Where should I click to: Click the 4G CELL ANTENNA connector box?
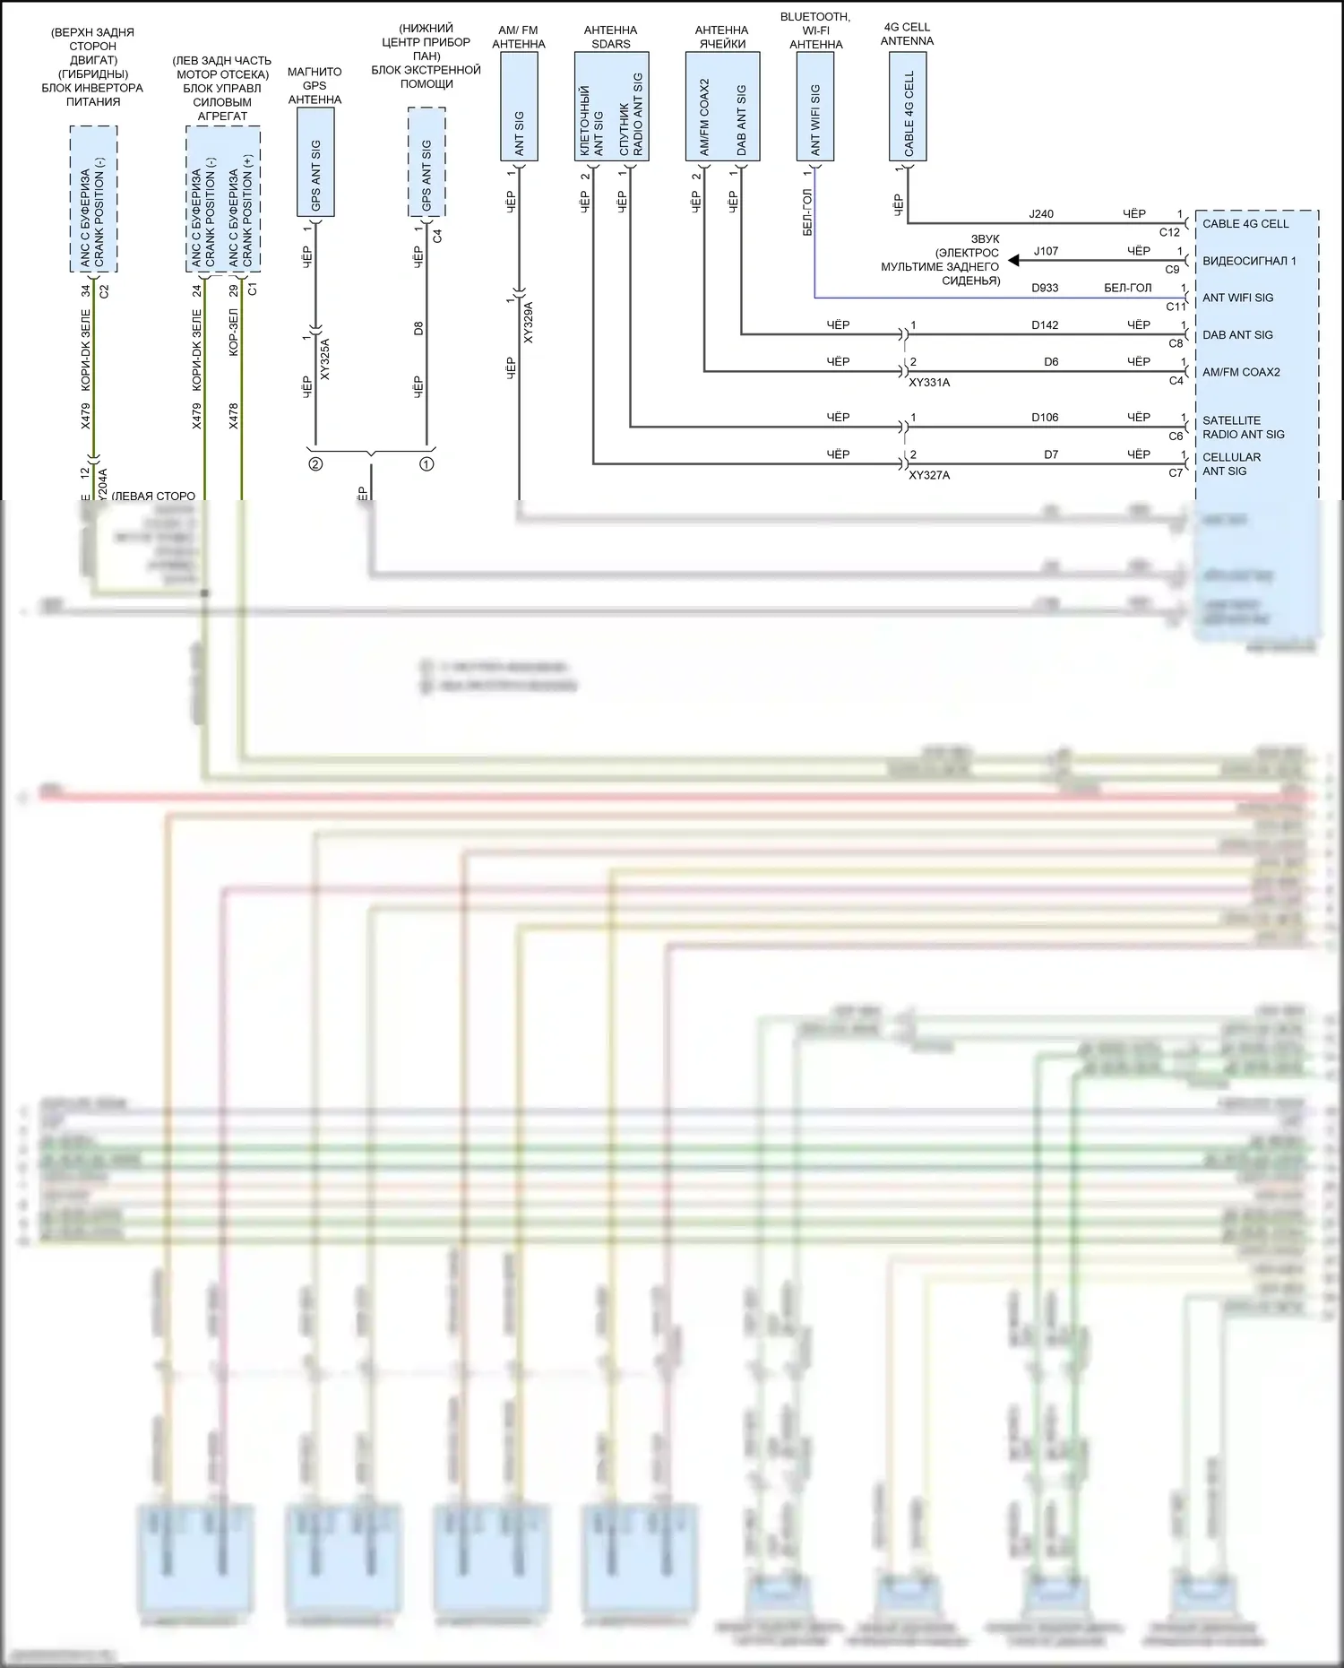click(x=908, y=107)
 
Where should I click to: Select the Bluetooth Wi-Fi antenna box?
click(x=815, y=107)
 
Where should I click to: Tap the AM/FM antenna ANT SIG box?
click(x=519, y=107)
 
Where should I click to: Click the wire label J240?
click(x=1041, y=214)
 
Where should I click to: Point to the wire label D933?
click(x=1045, y=289)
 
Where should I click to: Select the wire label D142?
click(x=1045, y=325)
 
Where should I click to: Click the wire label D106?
click(x=1045, y=418)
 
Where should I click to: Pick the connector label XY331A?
click(x=929, y=383)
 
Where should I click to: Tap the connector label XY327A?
click(x=929, y=476)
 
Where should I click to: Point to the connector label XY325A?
click(x=324, y=359)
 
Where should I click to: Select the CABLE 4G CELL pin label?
click(x=1245, y=224)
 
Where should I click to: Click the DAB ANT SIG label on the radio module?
click(x=1237, y=335)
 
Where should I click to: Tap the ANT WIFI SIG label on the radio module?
click(x=1237, y=298)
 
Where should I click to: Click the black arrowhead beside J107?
click(x=1013, y=261)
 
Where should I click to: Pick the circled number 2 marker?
click(x=315, y=464)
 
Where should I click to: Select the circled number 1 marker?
click(x=426, y=464)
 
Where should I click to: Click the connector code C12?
click(x=1169, y=232)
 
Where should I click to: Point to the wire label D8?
click(x=418, y=329)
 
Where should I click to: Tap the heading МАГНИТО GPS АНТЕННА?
click(x=314, y=86)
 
